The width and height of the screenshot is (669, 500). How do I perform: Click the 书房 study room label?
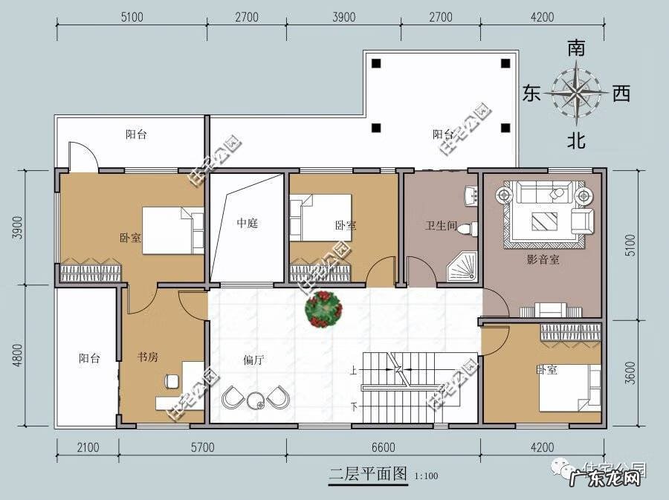click(148, 357)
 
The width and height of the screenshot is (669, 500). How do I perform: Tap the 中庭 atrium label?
click(247, 223)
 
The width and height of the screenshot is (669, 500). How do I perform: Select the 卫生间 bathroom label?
click(439, 225)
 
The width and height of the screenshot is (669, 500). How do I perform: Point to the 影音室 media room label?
click(543, 259)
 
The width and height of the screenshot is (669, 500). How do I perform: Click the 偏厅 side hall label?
click(254, 360)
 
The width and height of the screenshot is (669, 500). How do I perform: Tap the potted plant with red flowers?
click(324, 308)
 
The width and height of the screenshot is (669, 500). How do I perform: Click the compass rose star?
click(576, 93)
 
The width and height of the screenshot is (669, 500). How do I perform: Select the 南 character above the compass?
click(576, 49)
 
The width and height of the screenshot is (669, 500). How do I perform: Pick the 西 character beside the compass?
click(621, 94)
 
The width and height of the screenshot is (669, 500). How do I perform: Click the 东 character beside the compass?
click(531, 94)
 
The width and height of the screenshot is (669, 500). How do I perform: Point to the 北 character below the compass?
click(576, 140)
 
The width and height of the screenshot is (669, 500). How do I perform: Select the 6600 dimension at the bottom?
click(383, 447)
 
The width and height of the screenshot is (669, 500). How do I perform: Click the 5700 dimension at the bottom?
click(201, 447)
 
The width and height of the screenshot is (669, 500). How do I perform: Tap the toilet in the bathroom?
click(466, 227)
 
